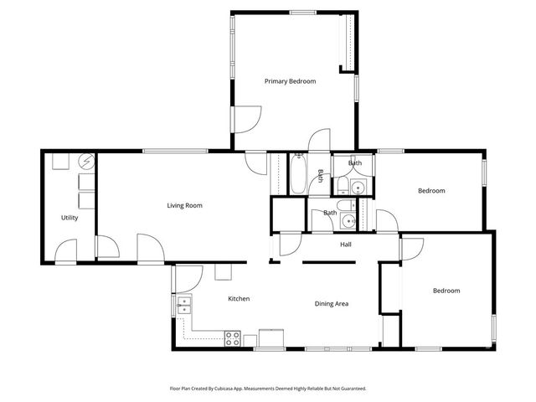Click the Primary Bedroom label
[290, 81]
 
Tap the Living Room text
[184, 205]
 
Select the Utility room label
[70, 218]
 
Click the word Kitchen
[239, 299]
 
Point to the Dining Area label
[332, 303]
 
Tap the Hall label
[346, 245]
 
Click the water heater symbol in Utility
[85, 162]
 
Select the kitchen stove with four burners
[233, 339]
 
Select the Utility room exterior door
[66, 250]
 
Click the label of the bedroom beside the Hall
[431, 191]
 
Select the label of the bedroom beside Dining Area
[446, 291]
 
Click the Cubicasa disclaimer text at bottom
[268, 389]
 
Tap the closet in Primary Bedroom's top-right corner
[346, 42]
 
